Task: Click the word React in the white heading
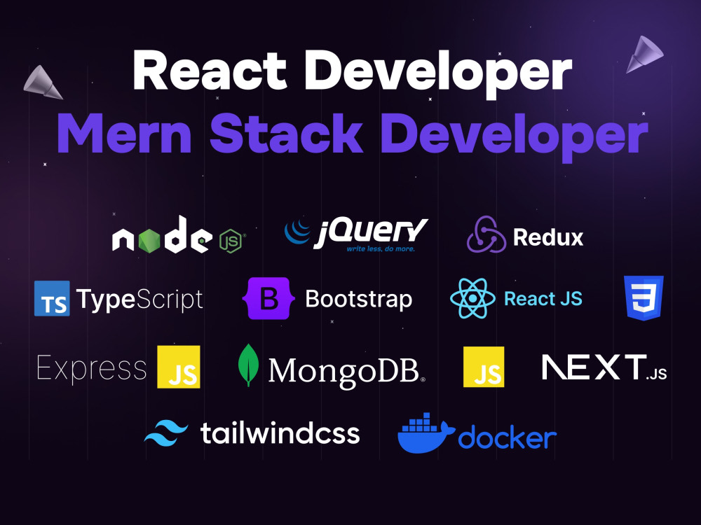[x=210, y=71]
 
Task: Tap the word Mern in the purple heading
[x=125, y=134]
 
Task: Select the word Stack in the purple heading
[x=286, y=133]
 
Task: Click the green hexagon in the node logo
[x=149, y=241]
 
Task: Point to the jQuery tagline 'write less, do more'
[x=381, y=248]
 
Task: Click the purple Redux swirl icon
[x=486, y=234]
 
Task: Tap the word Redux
[x=548, y=237]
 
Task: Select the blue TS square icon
[x=52, y=298]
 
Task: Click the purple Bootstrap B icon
[x=268, y=298]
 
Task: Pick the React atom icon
[x=472, y=298]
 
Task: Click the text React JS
[x=543, y=299]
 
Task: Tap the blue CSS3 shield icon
[x=644, y=297]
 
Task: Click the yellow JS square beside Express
[x=178, y=367]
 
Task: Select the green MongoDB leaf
[x=249, y=365]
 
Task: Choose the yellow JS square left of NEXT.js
[x=484, y=367]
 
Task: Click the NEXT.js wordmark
[x=604, y=367]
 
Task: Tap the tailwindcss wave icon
[x=166, y=433]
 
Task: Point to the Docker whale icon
[x=426, y=433]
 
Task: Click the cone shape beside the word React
[x=43, y=83]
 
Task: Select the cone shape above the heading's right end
[x=644, y=54]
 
